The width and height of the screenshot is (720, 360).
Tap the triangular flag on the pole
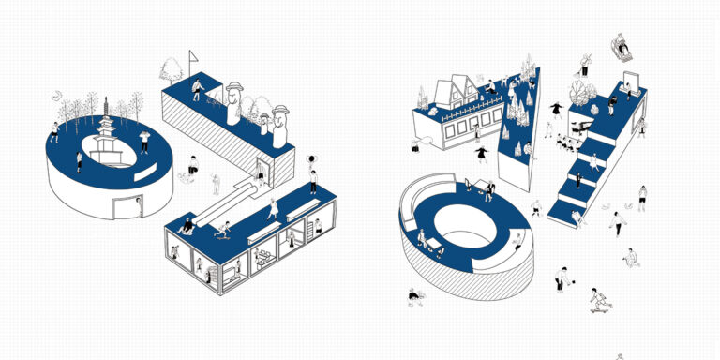tap(193, 56)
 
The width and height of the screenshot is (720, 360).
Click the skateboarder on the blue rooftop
tap(223, 230)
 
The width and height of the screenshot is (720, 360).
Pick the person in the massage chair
tap(622, 47)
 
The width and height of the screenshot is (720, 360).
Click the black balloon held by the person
tap(312, 158)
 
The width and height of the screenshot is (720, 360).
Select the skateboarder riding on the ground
tap(600, 301)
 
